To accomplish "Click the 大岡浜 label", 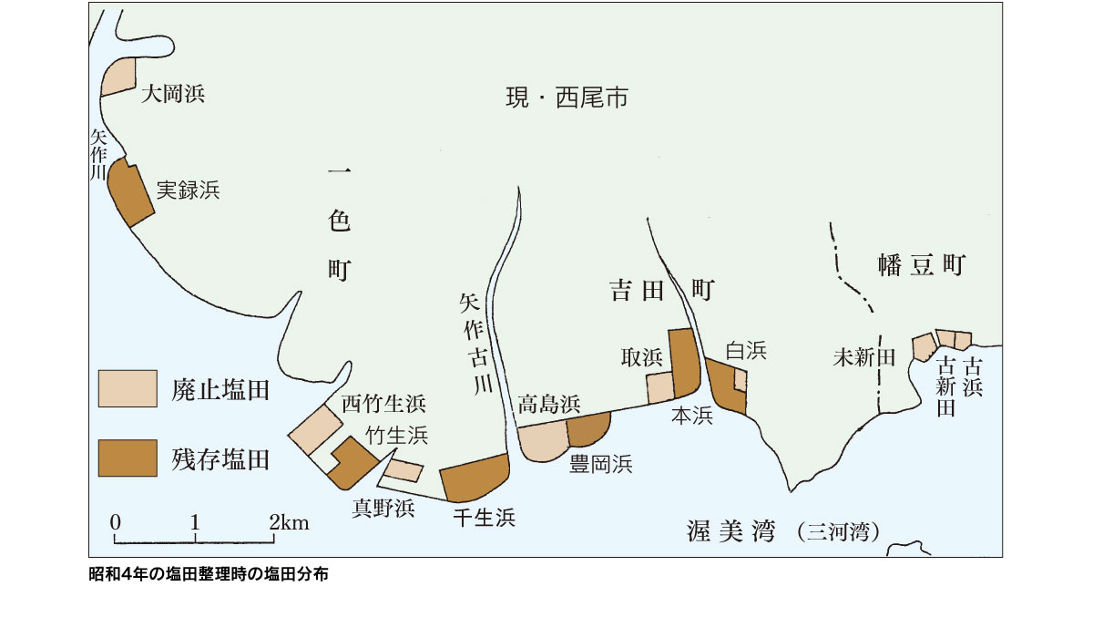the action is [x=173, y=94].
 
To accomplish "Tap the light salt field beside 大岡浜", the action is [x=118, y=77].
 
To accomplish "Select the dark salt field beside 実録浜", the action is [x=129, y=192].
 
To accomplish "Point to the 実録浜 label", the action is [x=188, y=190].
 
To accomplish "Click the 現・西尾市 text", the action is [x=567, y=98].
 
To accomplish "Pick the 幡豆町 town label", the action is [x=921, y=265].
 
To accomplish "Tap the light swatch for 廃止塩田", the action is [x=128, y=388].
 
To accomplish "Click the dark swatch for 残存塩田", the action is [x=128, y=458].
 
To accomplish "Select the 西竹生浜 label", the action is [x=383, y=404].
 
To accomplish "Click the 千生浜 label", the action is [x=484, y=518].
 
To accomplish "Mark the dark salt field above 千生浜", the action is [x=475, y=478].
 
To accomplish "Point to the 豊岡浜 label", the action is [x=600, y=464].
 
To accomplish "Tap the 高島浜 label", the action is [x=549, y=404].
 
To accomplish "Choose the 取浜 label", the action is [x=641, y=357].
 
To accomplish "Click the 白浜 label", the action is [x=746, y=351].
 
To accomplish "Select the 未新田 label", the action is [x=864, y=357].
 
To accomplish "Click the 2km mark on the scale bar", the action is [x=289, y=523].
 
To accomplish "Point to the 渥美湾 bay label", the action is [x=730, y=531].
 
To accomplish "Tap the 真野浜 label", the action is [x=383, y=509].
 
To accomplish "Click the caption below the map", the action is [x=209, y=574].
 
